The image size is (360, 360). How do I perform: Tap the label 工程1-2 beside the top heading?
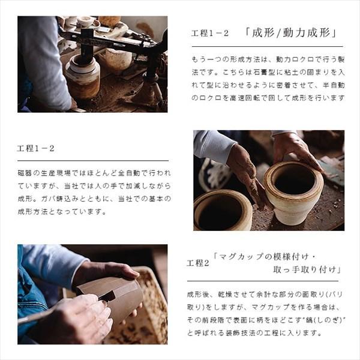[210, 34]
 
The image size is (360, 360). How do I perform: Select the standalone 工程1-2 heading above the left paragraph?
[35, 148]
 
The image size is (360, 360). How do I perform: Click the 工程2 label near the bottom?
[197, 263]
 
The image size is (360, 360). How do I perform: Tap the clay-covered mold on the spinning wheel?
[83, 78]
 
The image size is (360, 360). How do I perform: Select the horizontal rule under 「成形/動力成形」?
[265, 46]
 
